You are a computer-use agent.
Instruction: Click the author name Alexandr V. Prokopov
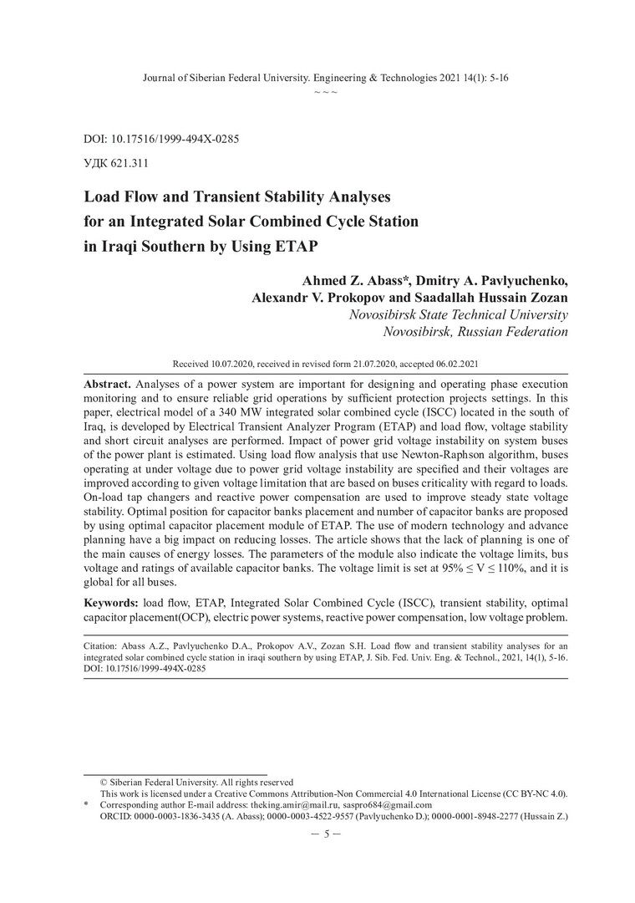323,297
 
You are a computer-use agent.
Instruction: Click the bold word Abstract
107,381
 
